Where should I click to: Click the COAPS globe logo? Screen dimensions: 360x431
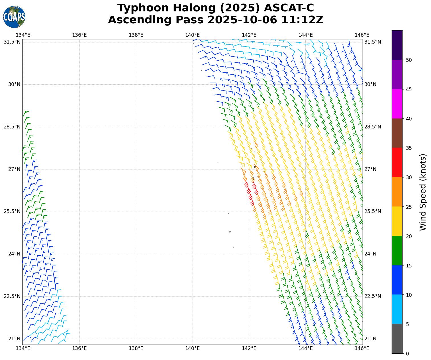pyautogui.click(x=14, y=17)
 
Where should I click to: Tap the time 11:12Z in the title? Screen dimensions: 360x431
pyautogui.click(x=302, y=20)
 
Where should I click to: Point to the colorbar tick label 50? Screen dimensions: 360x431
pyautogui.click(x=408, y=60)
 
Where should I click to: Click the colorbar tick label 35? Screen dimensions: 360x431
pyautogui.click(x=408, y=148)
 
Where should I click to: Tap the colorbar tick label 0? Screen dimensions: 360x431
pyautogui.click(x=407, y=354)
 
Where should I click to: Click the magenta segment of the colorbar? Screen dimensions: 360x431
pyautogui.click(x=397, y=104)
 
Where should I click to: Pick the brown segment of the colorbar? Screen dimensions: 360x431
pyautogui.click(x=397, y=133)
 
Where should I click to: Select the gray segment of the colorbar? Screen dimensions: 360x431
pyautogui.click(x=397, y=339)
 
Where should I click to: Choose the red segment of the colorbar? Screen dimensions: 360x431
pyautogui.click(x=397, y=162)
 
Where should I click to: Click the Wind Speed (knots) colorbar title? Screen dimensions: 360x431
pyautogui.click(x=423, y=192)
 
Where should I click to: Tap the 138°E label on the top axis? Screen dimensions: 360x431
pyautogui.click(x=136, y=35)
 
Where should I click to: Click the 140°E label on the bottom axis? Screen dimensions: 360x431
pyautogui.click(x=193, y=348)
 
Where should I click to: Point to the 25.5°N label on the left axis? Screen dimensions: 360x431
pyautogui.click(x=12, y=211)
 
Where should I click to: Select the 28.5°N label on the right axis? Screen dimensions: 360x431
pyautogui.click(x=373, y=127)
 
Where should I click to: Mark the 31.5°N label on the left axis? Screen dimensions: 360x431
pyautogui.click(x=12, y=42)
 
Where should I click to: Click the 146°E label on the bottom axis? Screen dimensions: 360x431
pyautogui.click(x=362, y=348)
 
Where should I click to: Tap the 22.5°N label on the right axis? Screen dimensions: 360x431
pyautogui.click(x=373, y=296)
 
